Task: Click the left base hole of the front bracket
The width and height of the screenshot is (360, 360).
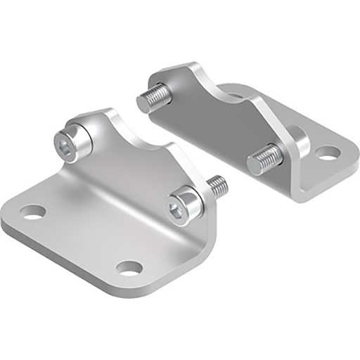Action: coord(32,212)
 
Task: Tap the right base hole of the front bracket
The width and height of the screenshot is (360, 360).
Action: coord(129,268)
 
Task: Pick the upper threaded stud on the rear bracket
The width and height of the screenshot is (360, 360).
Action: coord(153,98)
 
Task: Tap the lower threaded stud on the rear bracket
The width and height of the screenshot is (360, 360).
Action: coord(264,159)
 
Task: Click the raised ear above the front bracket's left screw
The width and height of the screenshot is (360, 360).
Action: coord(105,117)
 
